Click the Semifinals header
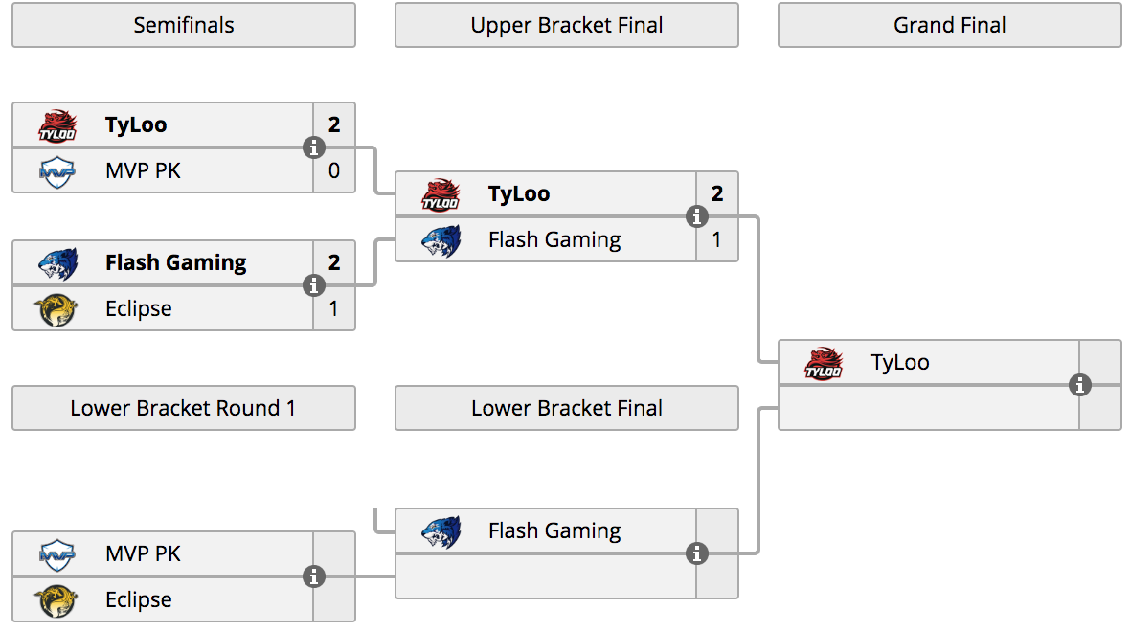pyautogui.click(x=184, y=25)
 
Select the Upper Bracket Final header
pyautogui.click(x=567, y=25)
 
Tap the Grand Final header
pyautogui.click(x=950, y=25)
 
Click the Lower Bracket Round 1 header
pyautogui.click(x=184, y=408)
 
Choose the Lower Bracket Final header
pyautogui.click(x=567, y=408)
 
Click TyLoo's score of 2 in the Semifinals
pyautogui.click(x=334, y=124)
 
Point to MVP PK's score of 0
pyautogui.click(x=334, y=170)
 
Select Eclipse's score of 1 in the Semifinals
pyautogui.click(x=333, y=308)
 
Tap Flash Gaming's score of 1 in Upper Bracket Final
pyautogui.click(x=716, y=239)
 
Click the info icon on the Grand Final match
pyautogui.click(x=1079, y=386)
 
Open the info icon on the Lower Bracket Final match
pyautogui.click(x=696, y=553)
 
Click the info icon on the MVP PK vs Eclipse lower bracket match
pyautogui.click(x=313, y=576)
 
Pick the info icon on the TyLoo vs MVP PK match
pyautogui.click(x=313, y=147)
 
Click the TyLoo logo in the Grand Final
pyautogui.click(x=824, y=363)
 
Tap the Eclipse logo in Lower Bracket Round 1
pyautogui.click(x=56, y=599)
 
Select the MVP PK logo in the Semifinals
pyautogui.click(x=56, y=171)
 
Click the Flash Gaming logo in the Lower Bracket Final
pyautogui.click(x=441, y=531)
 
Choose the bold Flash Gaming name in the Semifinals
pyautogui.click(x=176, y=263)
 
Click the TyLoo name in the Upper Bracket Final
pyautogui.click(x=519, y=193)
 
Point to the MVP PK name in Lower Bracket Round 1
pyautogui.click(x=143, y=553)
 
